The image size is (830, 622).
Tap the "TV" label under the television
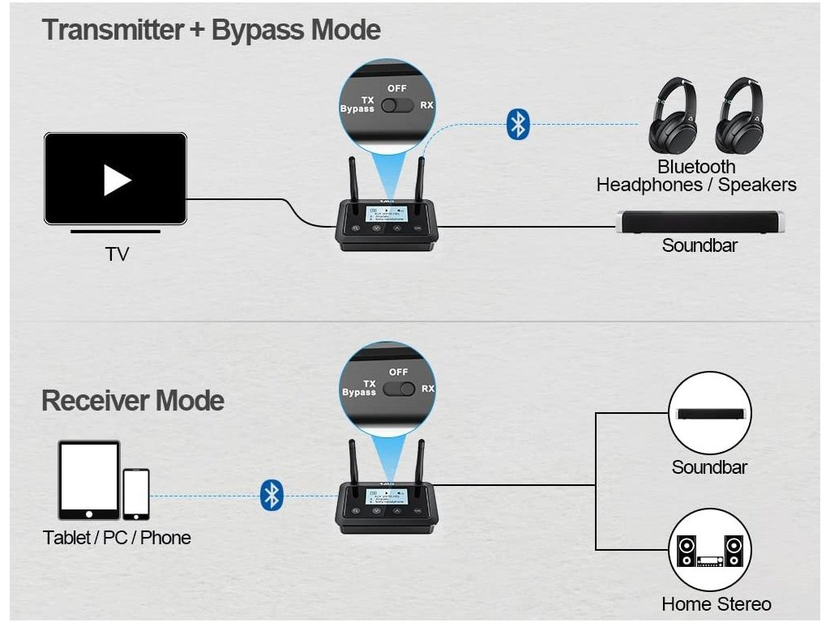pos(117,254)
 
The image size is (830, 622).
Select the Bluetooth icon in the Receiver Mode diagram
pos(272,495)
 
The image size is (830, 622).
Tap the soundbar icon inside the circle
pos(709,413)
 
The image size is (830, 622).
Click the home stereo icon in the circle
pos(709,551)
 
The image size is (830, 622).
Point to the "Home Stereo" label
pos(716,604)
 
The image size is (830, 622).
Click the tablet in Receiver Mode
pos(88,479)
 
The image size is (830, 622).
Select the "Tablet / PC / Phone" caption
pos(117,538)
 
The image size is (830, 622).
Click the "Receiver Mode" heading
pos(133,400)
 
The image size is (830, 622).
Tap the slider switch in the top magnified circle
pos(398,105)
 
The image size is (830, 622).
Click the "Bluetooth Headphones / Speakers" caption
pos(696,176)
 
